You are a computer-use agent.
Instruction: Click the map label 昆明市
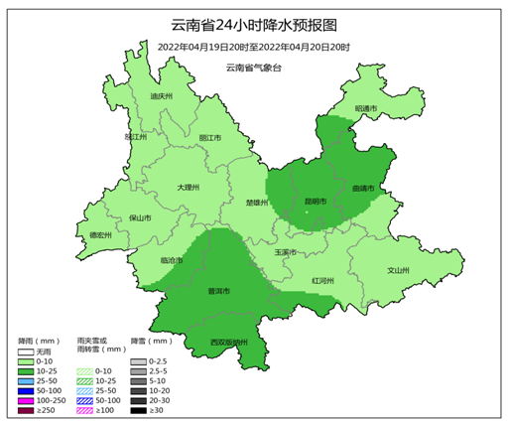click(x=316, y=202)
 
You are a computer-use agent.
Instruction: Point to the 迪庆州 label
click(x=161, y=96)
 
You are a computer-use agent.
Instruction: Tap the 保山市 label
click(x=140, y=217)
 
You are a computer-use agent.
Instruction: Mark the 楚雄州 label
click(x=257, y=203)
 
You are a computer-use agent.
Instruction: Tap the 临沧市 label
click(x=172, y=260)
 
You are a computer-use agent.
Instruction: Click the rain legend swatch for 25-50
click(x=26, y=380)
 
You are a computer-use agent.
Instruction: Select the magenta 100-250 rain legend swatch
click(x=26, y=399)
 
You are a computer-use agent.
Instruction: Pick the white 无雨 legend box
click(x=26, y=352)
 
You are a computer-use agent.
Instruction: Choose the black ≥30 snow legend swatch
click(x=139, y=409)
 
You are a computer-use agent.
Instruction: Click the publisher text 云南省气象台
click(x=254, y=67)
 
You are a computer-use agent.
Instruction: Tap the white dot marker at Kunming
click(x=307, y=211)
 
